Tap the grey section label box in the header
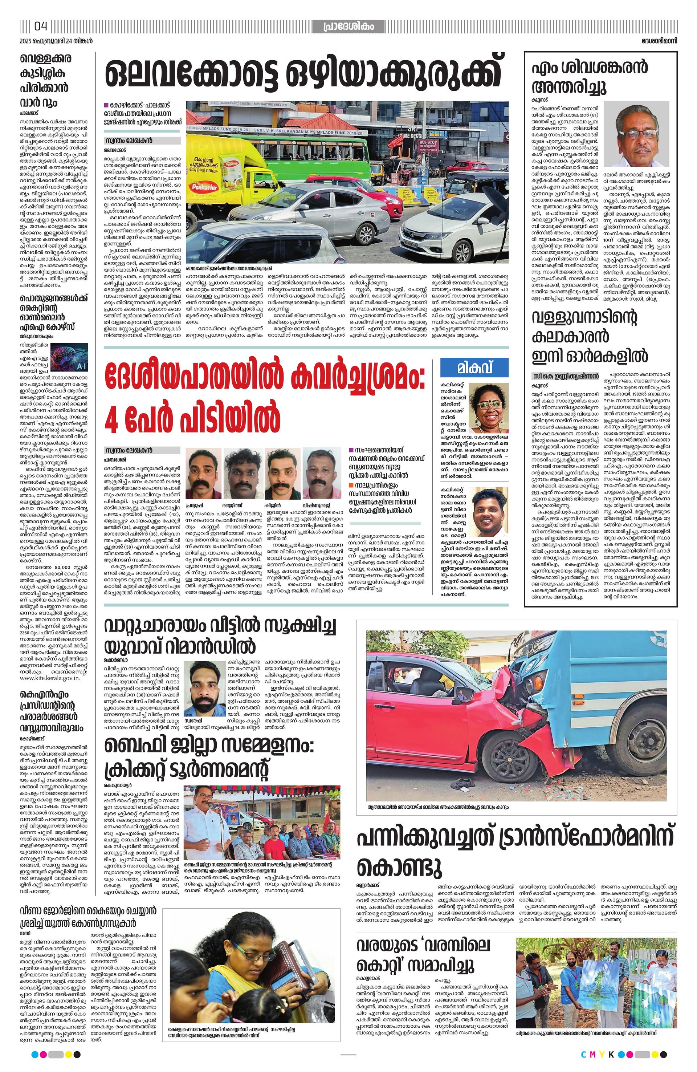[349, 27]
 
